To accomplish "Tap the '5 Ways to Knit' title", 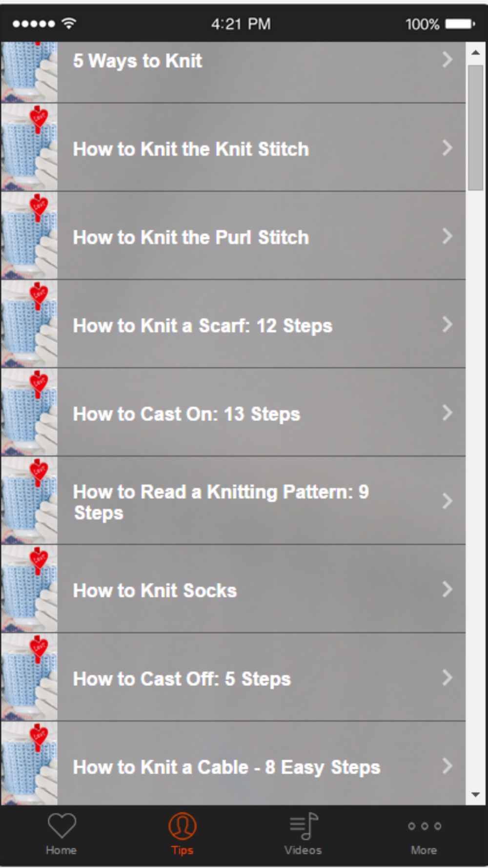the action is pyautogui.click(x=137, y=61).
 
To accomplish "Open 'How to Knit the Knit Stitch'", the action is pyautogui.click(x=191, y=149).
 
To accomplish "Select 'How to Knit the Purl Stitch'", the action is pyautogui.click(x=191, y=237).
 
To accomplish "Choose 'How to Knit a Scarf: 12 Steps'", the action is pyautogui.click(x=203, y=326).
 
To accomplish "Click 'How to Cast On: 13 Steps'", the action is pyautogui.click(x=186, y=414).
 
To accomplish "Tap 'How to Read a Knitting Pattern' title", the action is pyautogui.click(x=221, y=502).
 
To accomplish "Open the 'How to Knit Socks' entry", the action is pyautogui.click(x=155, y=591).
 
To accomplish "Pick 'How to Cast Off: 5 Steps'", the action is pyautogui.click(x=182, y=679).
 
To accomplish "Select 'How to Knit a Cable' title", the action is pyautogui.click(x=226, y=767).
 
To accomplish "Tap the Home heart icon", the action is pyautogui.click(x=61, y=826).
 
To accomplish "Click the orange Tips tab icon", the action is pyautogui.click(x=183, y=826).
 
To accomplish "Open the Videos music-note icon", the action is pyautogui.click(x=304, y=826).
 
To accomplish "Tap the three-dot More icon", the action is pyautogui.click(x=425, y=826).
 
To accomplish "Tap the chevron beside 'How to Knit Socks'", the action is pyautogui.click(x=447, y=589).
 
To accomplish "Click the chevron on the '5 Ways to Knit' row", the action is pyautogui.click(x=447, y=60).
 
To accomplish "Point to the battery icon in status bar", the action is pyautogui.click(x=460, y=23).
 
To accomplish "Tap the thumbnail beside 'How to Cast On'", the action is pyautogui.click(x=29, y=413).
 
